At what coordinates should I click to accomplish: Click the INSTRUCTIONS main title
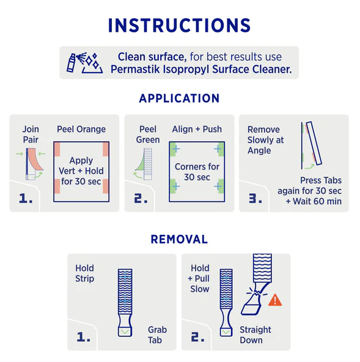[179, 26]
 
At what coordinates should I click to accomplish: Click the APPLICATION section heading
[179, 98]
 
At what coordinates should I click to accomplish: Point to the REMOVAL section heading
[179, 239]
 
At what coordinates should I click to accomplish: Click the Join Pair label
[31, 135]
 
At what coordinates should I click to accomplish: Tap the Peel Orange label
[81, 129]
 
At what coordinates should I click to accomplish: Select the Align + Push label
[197, 129]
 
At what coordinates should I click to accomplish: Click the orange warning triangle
[275, 301]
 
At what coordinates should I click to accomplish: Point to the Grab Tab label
[157, 334]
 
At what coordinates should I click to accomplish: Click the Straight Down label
[255, 334]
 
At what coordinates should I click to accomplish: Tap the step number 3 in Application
[255, 198]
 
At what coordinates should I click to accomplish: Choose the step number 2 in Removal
[198, 337]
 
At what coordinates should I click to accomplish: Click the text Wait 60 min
[317, 201]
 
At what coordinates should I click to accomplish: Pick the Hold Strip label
[85, 273]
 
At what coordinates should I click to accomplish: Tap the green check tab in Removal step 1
[125, 332]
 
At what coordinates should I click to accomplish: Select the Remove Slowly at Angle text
[265, 140]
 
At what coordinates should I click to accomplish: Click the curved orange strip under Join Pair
[35, 160]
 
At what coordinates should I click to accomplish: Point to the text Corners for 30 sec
[197, 172]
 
